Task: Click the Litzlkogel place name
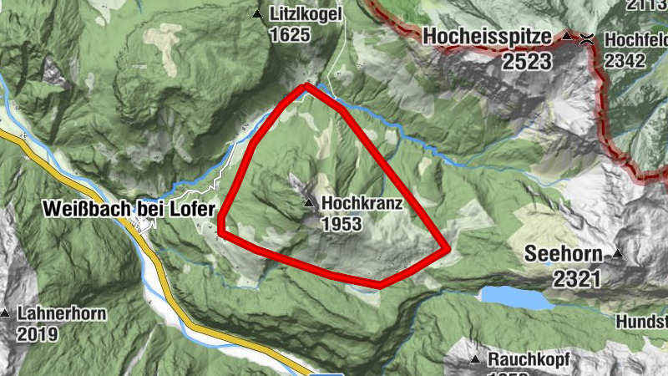coord(306,14)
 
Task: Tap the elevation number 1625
coord(290,35)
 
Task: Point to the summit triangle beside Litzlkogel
coord(257,14)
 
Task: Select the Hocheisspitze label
coord(487,38)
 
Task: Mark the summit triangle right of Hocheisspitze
coord(568,37)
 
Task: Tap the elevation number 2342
coord(625,60)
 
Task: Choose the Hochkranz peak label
coord(362,203)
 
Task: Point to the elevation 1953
coord(341,224)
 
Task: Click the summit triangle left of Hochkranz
coord(309,203)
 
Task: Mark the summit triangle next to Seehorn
coord(618,253)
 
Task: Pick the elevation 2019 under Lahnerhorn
coord(36,335)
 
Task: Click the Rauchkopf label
coord(529,360)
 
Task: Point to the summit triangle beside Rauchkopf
coord(475,360)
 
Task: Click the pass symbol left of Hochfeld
coord(588,38)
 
